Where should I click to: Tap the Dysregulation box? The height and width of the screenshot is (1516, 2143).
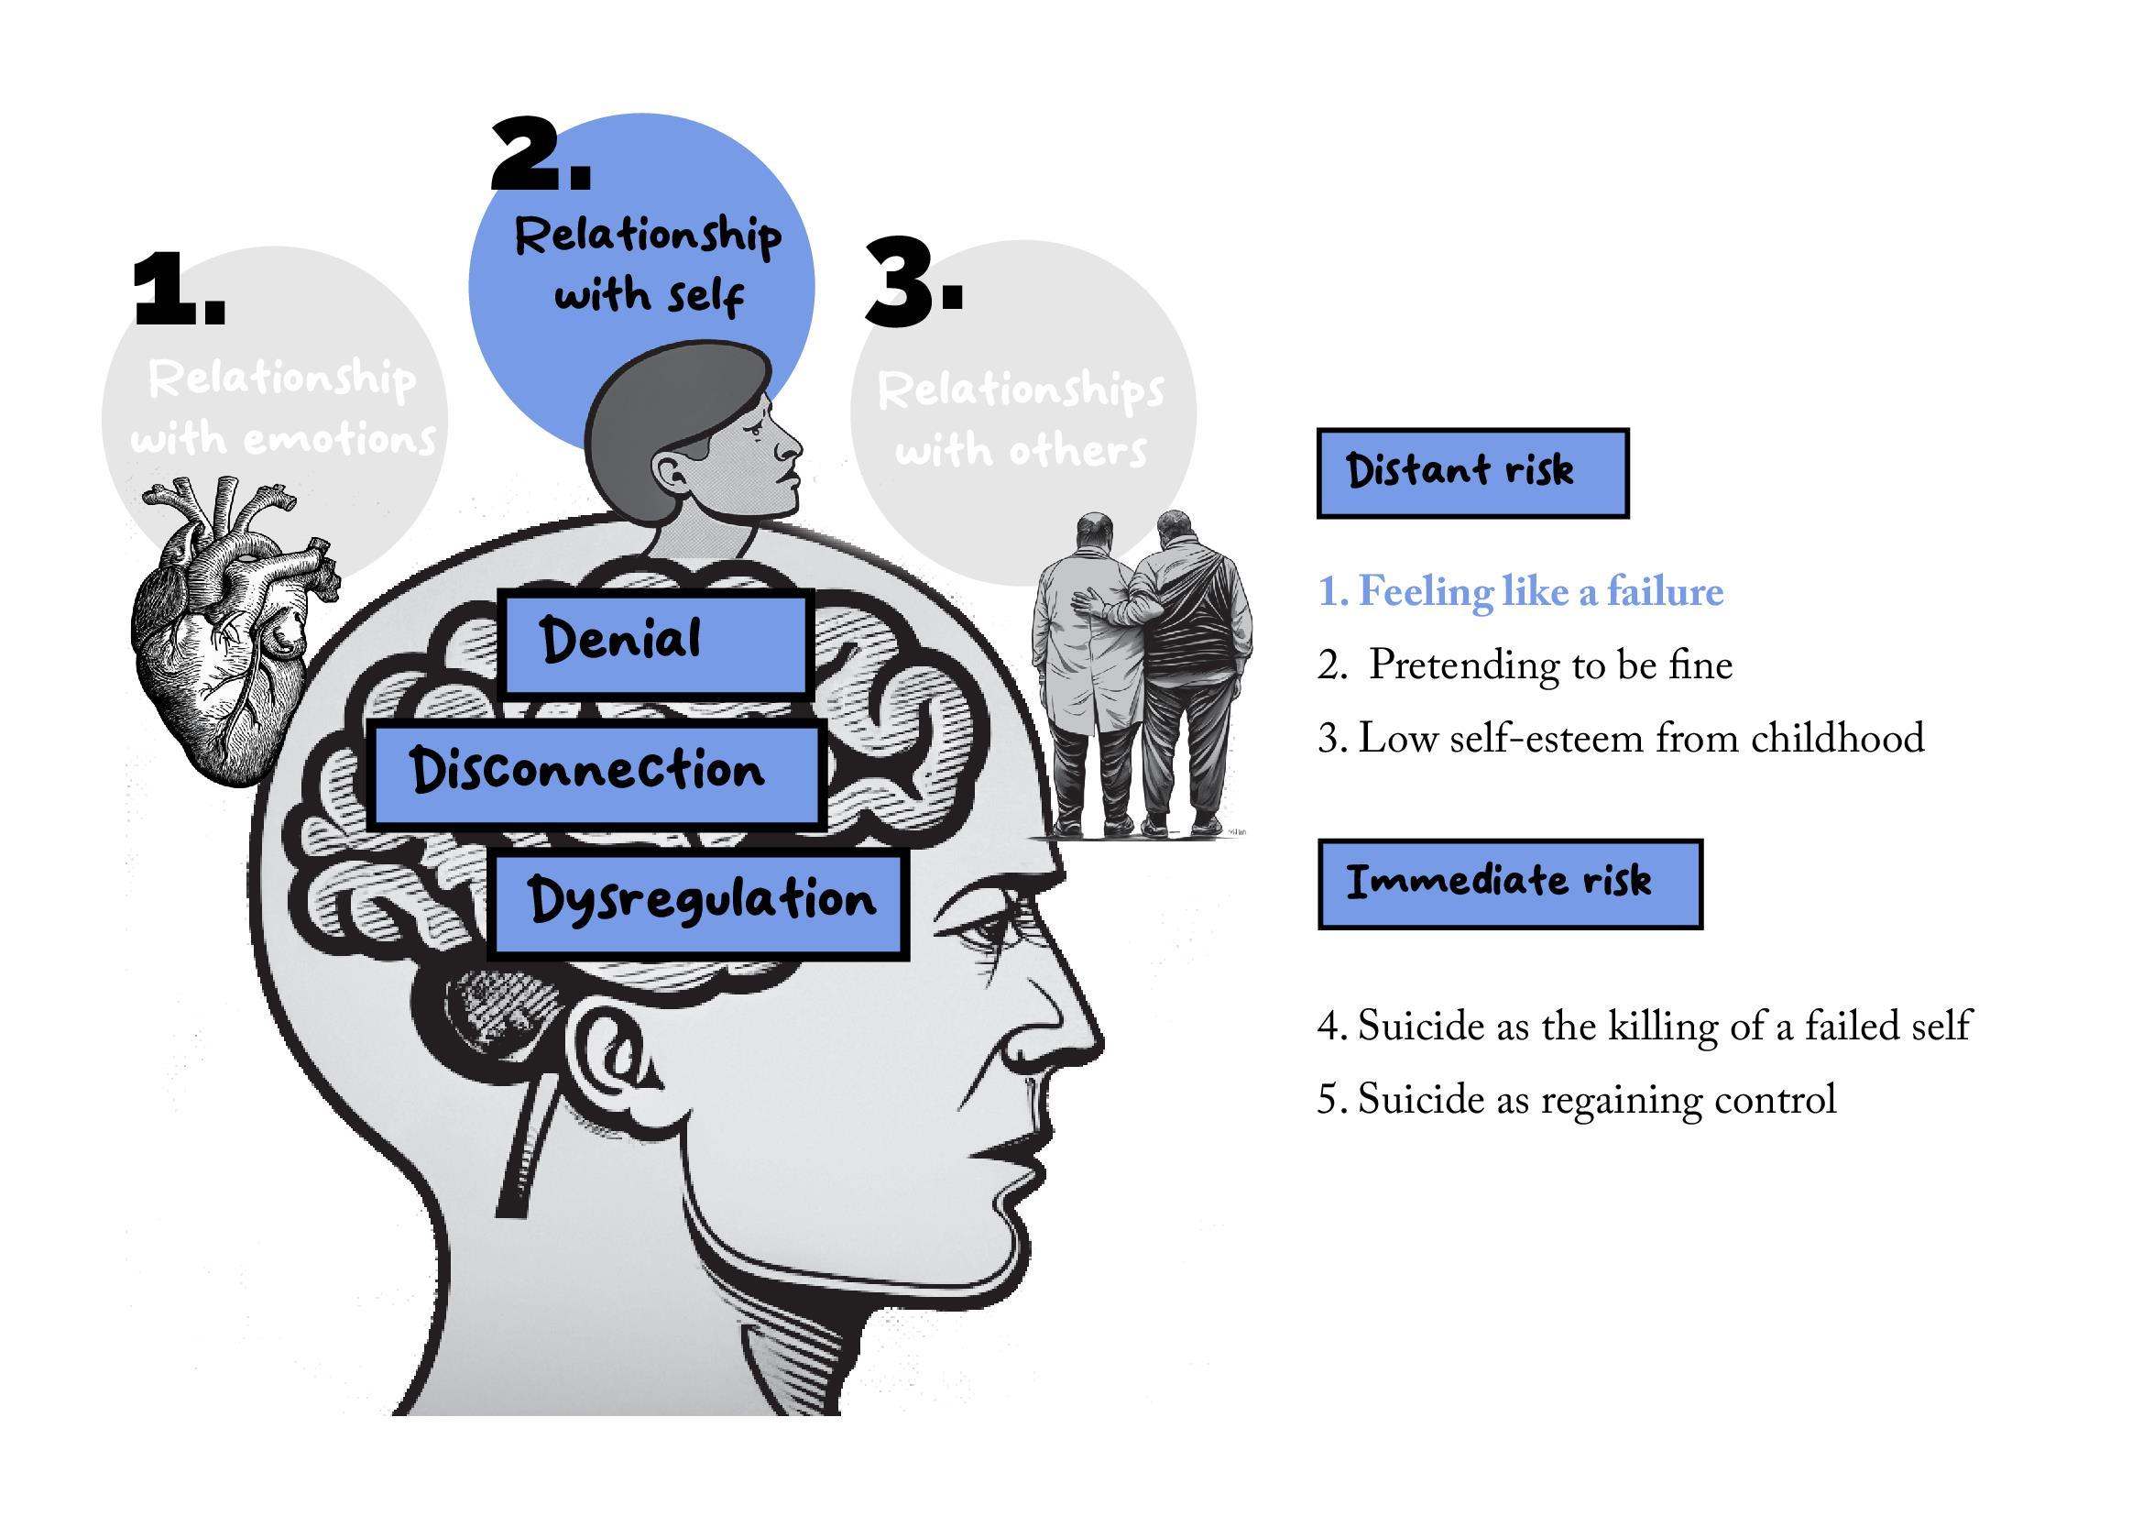(698, 905)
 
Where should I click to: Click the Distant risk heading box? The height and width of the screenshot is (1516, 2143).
(1472, 472)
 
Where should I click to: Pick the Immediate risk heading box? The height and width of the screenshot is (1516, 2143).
(1509, 883)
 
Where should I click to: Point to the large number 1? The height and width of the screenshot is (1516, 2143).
(180, 291)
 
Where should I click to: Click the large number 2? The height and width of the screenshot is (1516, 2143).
(541, 157)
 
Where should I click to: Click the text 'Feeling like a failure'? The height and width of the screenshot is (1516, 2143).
(1521, 592)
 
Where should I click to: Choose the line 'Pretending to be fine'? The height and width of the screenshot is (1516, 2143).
(1525, 665)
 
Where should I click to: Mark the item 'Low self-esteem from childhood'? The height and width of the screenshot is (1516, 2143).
(1621, 739)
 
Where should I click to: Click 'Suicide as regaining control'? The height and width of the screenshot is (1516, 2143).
(1577, 1100)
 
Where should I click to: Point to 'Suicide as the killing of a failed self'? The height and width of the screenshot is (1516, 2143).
(1644, 1026)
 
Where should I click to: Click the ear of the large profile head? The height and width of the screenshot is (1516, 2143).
(616, 1055)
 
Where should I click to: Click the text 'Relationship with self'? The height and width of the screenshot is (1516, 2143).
(648, 265)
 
